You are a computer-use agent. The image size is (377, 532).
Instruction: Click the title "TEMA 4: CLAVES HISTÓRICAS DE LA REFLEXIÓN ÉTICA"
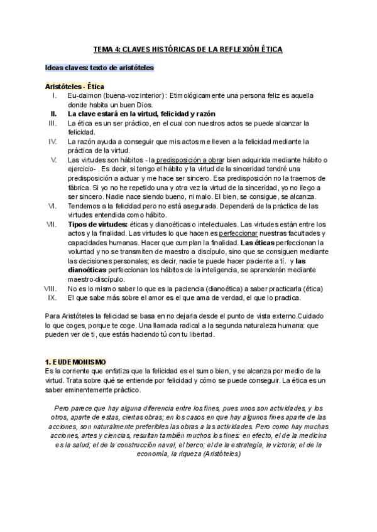[x=188, y=48]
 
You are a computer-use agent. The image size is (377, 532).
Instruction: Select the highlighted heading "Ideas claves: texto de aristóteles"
[x=99, y=67]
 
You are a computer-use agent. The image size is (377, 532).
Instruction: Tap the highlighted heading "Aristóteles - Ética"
[x=75, y=86]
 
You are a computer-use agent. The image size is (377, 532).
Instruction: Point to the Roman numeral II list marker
[x=54, y=114]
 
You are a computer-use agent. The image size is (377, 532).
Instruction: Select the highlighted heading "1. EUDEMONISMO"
[x=76, y=363]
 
